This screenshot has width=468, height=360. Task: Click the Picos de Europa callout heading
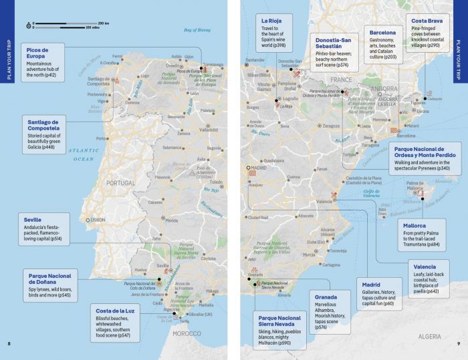(39, 53)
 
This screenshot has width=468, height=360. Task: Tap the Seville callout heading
(32, 220)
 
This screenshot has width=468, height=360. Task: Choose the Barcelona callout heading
(382, 32)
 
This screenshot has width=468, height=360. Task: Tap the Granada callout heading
(327, 297)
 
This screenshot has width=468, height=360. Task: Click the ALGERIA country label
(431, 337)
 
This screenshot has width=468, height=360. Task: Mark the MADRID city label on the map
(258, 168)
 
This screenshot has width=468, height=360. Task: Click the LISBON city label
(98, 220)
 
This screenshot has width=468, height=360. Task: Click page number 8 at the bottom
(9, 344)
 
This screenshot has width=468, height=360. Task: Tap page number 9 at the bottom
(459, 344)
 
